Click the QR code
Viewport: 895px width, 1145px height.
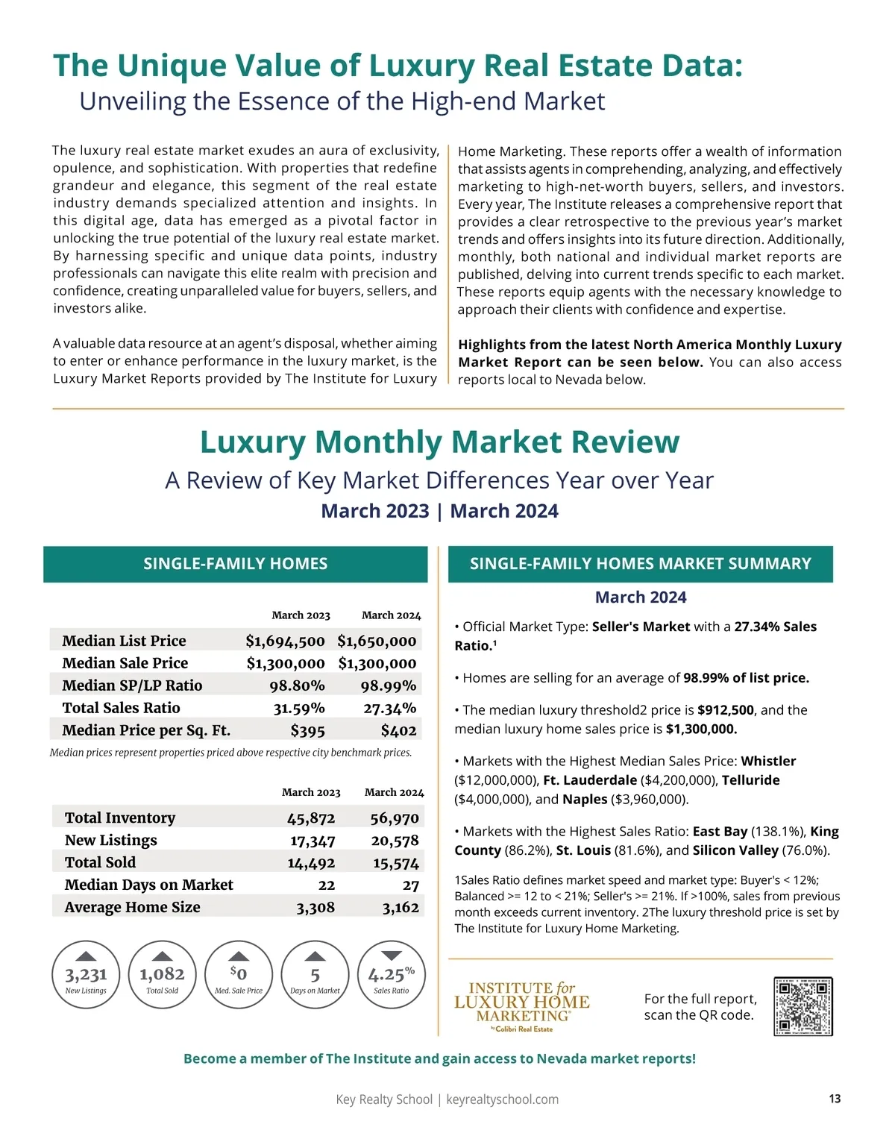pyautogui.click(x=803, y=1006)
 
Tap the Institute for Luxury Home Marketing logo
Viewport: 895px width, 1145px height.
pyautogui.click(x=522, y=1006)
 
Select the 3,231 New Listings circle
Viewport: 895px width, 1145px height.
pyautogui.click(x=86, y=975)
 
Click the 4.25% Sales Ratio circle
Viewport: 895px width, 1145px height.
pyautogui.click(x=392, y=975)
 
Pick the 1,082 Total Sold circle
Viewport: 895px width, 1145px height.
pyautogui.click(x=162, y=975)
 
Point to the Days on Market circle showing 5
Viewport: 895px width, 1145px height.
pyautogui.click(x=315, y=975)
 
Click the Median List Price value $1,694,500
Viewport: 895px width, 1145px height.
pyautogui.click(x=285, y=641)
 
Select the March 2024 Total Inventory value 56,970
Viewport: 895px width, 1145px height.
pyautogui.click(x=395, y=818)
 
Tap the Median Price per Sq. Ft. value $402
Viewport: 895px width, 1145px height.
pyautogui.click(x=398, y=730)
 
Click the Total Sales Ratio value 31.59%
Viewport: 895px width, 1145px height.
pyautogui.click(x=298, y=708)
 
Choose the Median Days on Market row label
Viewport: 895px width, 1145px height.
pyautogui.click(x=148, y=885)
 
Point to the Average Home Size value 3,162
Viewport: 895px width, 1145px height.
pyautogui.click(x=401, y=908)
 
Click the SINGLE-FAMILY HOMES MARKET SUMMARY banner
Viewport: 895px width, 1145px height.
pyautogui.click(x=640, y=564)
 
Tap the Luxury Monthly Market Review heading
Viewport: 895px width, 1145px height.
pyautogui.click(x=439, y=442)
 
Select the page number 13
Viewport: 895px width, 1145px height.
pyautogui.click(x=835, y=1099)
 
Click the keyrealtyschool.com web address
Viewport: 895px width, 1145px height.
pyautogui.click(x=502, y=1099)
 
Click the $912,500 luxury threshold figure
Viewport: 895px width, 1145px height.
pyautogui.click(x=726, y=710)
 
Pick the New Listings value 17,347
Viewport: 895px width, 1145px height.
pyautogui.click(x=313, y=841)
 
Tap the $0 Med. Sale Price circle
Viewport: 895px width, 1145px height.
pyautogui.click(x=238, y=975)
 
